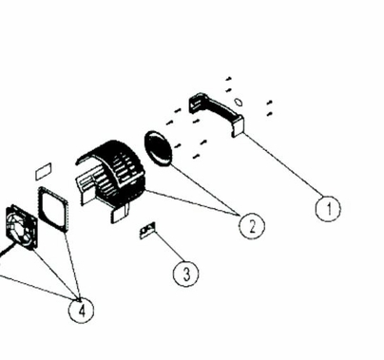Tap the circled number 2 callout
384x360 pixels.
251,225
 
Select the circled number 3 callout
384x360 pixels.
186,273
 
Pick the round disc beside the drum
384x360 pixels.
161,149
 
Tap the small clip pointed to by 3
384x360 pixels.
147,230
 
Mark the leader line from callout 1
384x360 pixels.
280,168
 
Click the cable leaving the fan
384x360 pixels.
7,249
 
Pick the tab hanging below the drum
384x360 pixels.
120,215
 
